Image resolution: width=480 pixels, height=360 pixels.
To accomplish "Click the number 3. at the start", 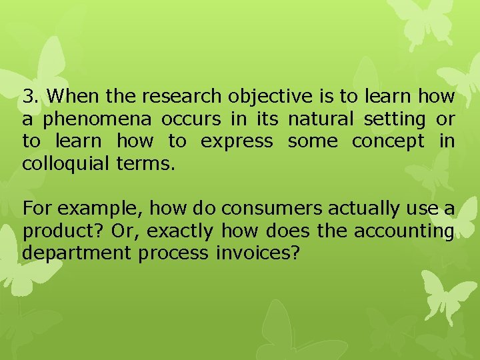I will [30, 97].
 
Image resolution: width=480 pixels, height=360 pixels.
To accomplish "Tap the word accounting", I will [403, 232].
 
